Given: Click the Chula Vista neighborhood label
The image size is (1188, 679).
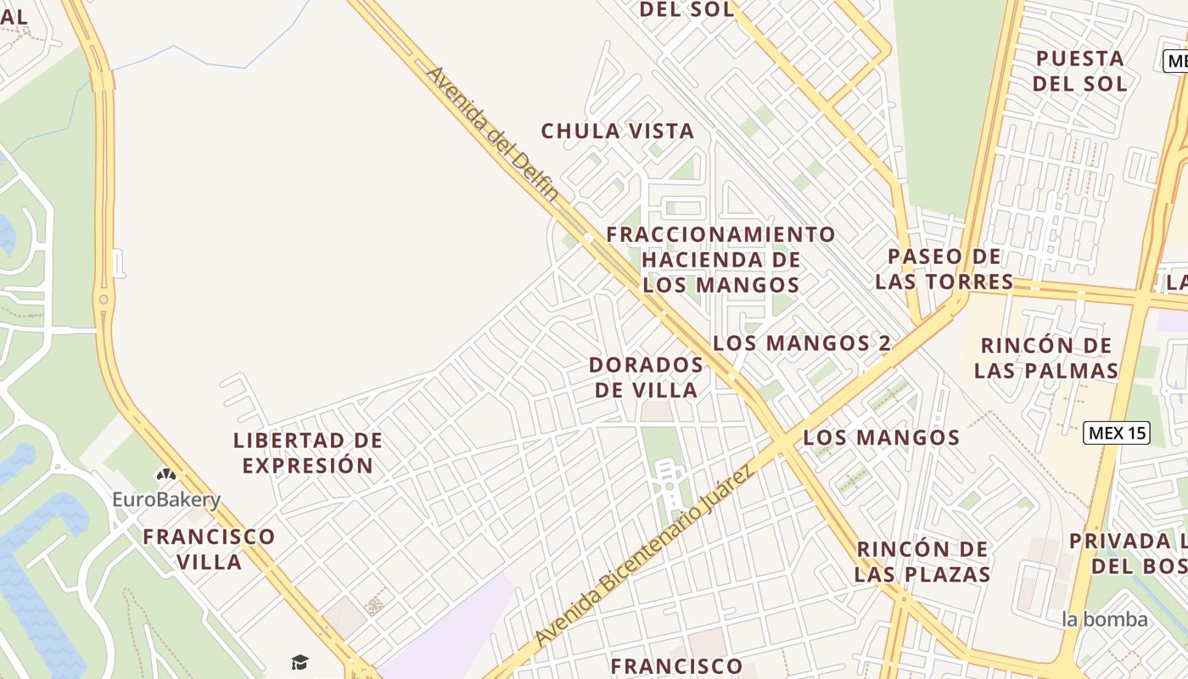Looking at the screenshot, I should (x=618, y=132).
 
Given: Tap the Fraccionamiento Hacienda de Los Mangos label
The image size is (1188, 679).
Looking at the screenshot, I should (x=721, y=259).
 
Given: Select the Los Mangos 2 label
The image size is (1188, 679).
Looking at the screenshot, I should (x=802, y=343).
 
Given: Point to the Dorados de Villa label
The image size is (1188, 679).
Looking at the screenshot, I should (x=647, y=378).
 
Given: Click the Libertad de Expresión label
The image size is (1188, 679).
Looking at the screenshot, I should (x=308, y=452).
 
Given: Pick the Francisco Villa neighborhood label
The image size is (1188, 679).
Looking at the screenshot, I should (x=209, y=548).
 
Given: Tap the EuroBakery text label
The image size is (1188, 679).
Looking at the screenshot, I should (x=166, y=500).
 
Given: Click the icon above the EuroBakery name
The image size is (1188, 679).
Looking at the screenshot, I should (x=165, y=475).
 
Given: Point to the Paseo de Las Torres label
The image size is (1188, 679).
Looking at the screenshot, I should (x=944, y=269).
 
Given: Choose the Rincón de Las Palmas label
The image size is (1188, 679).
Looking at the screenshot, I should (x=1045, y=358).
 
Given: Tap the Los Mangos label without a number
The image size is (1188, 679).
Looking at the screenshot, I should (x=881, y=438).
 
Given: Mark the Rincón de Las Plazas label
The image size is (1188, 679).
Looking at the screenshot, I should (x=922, y=561).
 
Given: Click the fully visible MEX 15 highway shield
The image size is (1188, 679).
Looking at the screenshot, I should (x=1117, y=433).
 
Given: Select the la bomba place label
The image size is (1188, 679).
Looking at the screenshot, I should (x=1104, y=620).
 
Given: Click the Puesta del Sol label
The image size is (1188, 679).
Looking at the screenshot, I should (x=1080, y=70).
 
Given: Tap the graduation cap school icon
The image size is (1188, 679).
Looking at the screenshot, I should (x=300, y=662).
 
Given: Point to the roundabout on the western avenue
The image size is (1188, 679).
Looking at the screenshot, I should (x=104, y=299).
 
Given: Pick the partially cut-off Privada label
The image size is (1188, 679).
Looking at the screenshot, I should (x=1129, y=553).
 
